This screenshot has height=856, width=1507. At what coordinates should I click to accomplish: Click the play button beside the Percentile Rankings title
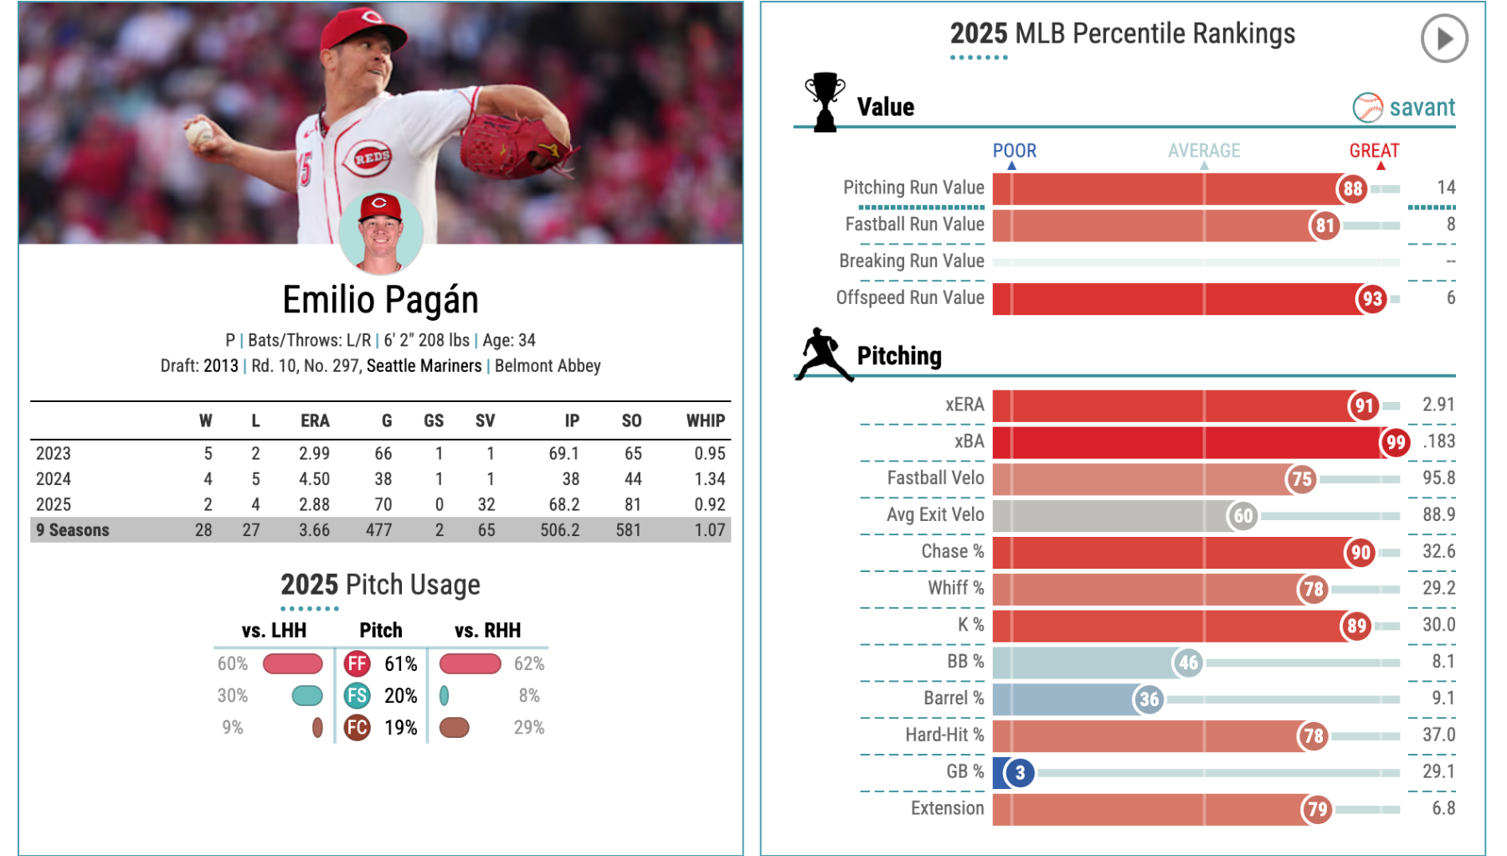1443,39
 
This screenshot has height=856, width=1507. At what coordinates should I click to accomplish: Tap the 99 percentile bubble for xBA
1395,442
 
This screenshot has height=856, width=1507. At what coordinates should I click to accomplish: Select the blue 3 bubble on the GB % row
1019,772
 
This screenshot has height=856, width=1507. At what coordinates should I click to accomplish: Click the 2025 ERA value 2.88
314,504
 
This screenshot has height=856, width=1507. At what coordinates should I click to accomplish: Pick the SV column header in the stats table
485,420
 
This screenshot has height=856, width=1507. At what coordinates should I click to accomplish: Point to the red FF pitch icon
357,663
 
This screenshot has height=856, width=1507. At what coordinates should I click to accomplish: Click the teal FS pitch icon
357,695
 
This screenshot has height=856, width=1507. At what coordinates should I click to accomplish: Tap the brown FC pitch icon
357,727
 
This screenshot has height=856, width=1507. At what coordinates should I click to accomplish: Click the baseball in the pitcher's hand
199,133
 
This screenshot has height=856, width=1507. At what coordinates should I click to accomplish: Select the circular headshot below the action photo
381,233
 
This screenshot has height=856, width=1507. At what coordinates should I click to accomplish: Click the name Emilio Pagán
380,300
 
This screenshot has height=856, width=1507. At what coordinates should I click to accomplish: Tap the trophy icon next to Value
825,102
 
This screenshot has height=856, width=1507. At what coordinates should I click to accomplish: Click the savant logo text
1421,107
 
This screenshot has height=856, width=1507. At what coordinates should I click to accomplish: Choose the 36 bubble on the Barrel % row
1149,699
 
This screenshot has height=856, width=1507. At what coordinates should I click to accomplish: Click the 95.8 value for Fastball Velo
1438,478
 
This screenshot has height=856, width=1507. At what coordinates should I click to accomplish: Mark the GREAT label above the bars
1373,151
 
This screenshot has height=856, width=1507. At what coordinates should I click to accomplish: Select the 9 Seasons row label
73,530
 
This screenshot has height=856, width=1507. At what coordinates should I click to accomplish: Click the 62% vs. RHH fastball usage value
528,663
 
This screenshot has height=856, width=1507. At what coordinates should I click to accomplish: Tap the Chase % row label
952,551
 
